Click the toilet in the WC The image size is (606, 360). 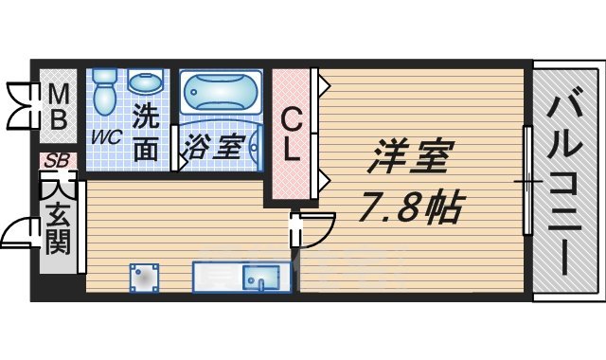tap(104, 91)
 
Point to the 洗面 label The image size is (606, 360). tap(145, 134)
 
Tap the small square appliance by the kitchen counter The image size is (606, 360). tap(144, 278)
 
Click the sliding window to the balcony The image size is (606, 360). tap(526, 180)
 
